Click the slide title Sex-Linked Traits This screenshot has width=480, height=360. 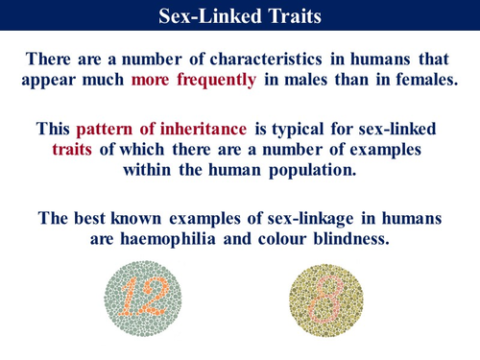(x=240, y=15)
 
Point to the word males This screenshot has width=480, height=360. (x=330, y=80)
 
